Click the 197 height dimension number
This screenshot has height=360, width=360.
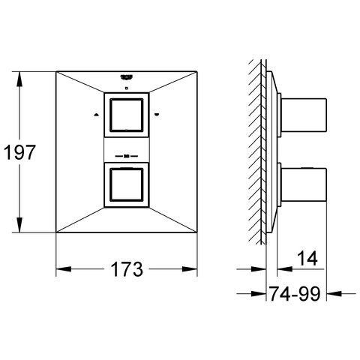point(19,152)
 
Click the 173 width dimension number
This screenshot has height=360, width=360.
point(127,269)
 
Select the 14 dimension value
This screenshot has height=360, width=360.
point(308,258)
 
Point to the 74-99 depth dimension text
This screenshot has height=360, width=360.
point(295,293)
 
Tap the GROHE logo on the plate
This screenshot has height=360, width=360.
point(127,77)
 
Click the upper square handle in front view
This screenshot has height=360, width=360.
point(127,115)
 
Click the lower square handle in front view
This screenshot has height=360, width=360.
point(127,185)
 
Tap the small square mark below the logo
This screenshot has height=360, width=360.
point(127,88)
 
